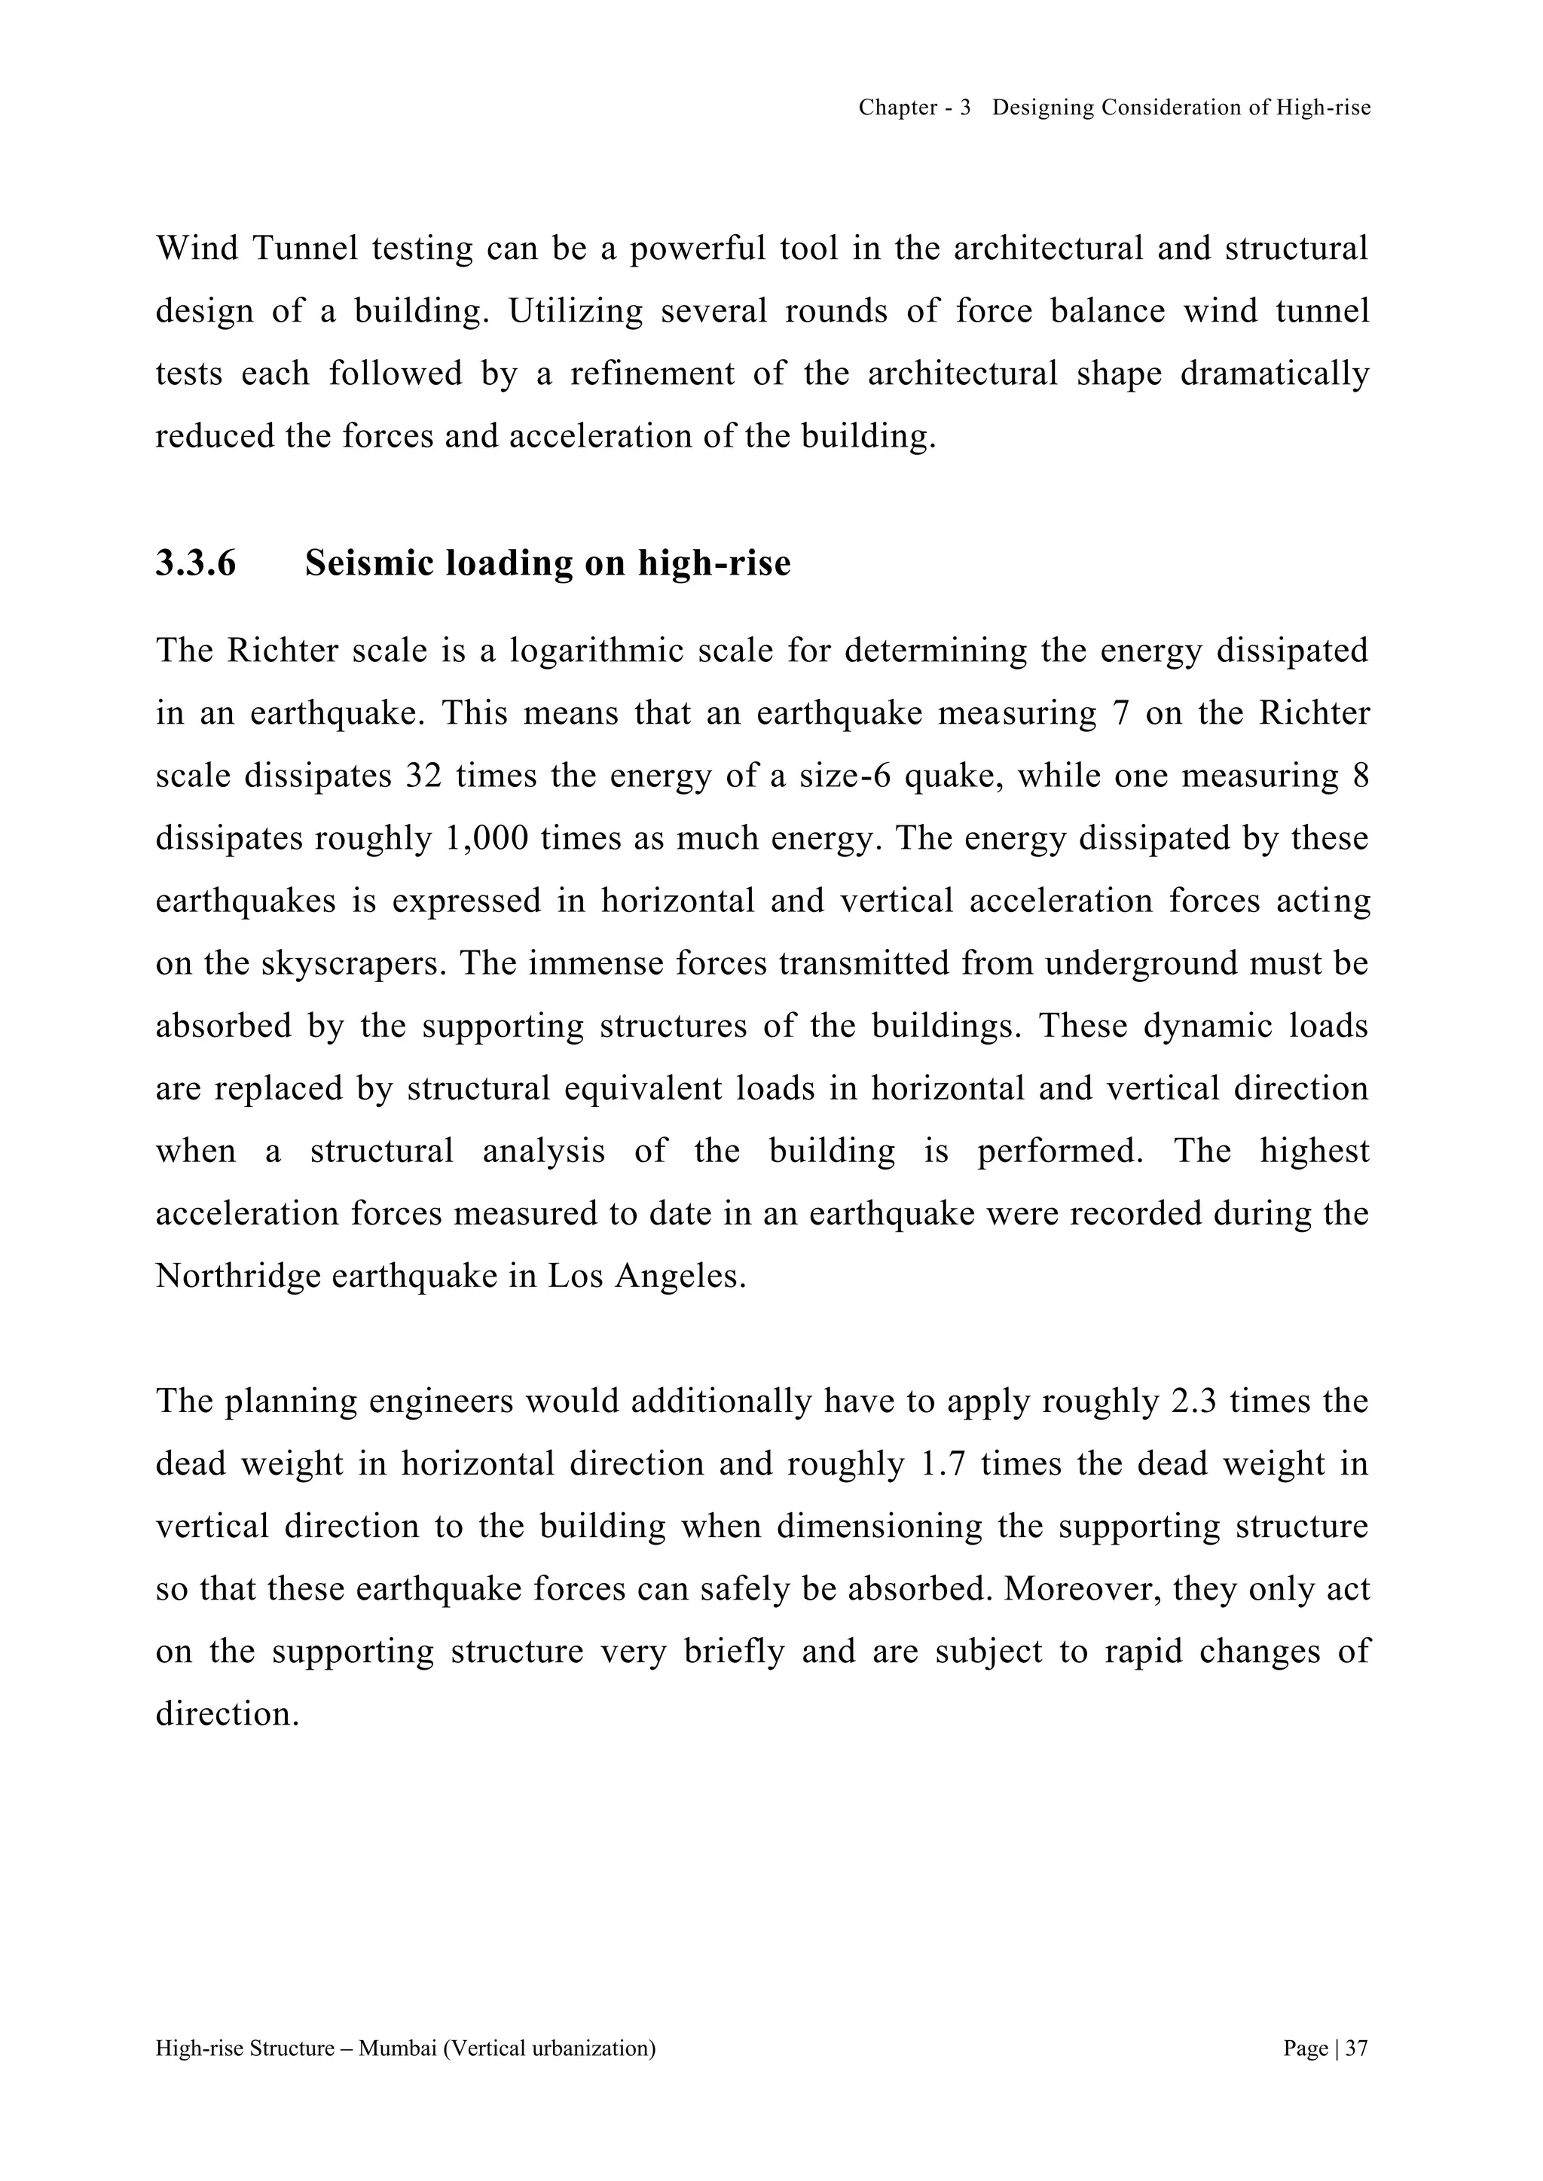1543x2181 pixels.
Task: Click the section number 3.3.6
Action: point(196,563)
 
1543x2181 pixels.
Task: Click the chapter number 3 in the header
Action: point(965,108)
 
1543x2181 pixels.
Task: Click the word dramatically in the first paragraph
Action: point(1274,374)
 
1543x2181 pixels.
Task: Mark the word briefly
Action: point(735,1651)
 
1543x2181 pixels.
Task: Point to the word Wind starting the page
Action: point(197,249)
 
